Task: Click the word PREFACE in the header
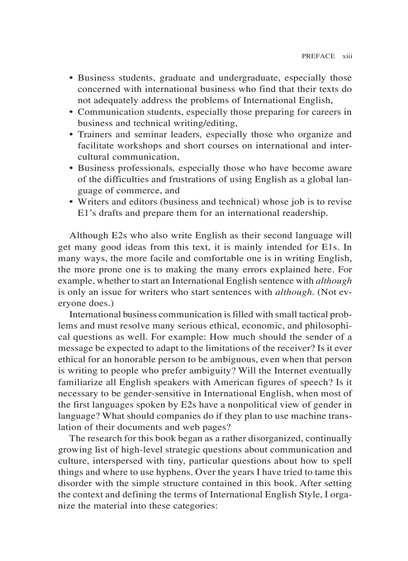click(318, 56)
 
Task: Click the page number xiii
click(347, 56)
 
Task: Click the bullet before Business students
click(71, 78)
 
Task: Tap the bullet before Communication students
click(71, 112)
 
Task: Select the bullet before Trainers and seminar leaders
click(71, 135)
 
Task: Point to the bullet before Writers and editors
click(71, 202)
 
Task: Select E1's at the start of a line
click(87, 213)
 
